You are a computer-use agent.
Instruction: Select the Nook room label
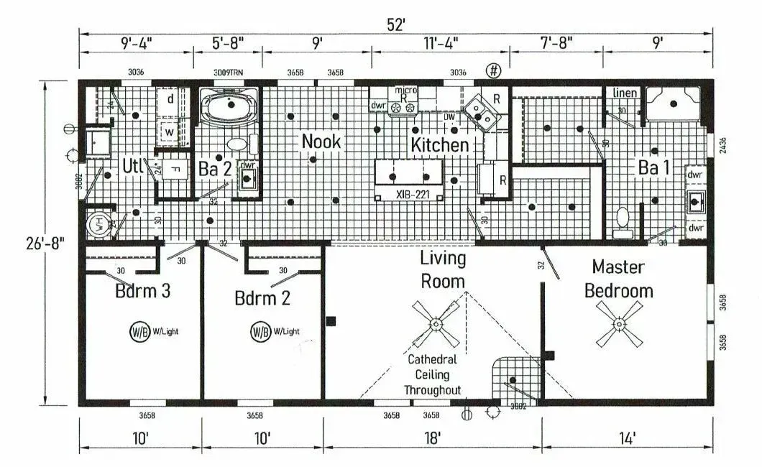tap(321, 142)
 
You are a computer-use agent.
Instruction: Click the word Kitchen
tap(439, 144)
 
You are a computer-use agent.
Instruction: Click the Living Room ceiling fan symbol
tap(436, 324)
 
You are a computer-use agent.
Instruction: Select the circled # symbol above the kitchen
tap(493, 70)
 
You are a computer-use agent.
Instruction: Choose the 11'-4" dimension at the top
tap(440, 42)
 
